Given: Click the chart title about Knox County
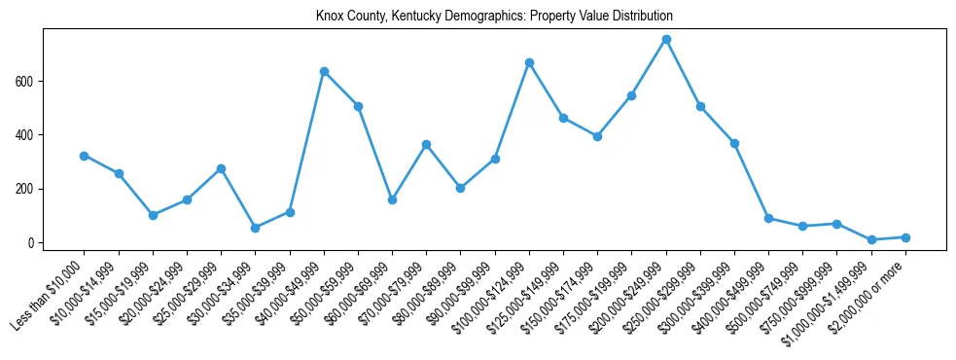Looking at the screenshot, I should coord(494,17).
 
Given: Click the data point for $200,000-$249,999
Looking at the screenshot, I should coord(666,39).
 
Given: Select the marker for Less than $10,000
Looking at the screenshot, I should coord(85,156).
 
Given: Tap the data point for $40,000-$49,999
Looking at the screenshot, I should coord(324,71).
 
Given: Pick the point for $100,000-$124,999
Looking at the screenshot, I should coord(529,62).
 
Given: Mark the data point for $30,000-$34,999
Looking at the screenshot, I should coord(255,228).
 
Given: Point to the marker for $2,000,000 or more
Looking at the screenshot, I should coord(905,237).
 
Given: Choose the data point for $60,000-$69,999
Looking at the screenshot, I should coord(392,199).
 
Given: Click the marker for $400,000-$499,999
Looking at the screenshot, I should coord(768,218).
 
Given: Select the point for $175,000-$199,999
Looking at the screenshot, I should coord(631,95).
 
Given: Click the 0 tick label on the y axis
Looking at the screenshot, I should coord(32,242).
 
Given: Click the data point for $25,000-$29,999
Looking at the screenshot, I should coord(221,168).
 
